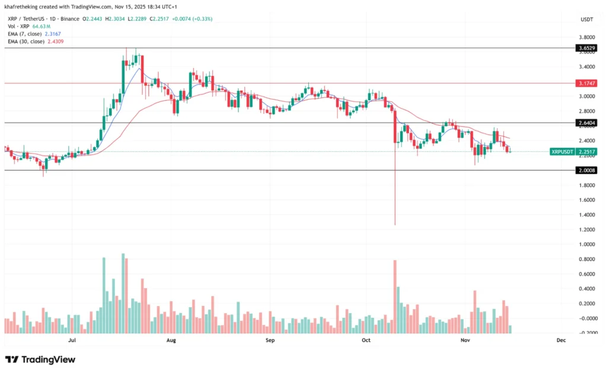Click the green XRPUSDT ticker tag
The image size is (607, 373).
point(561,151)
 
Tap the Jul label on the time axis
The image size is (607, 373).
point(72,340)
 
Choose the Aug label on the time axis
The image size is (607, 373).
point(171,340)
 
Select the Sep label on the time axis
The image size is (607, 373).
point(270,340)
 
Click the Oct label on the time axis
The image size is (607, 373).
point(366,340)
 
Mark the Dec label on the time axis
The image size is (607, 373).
point(561,340)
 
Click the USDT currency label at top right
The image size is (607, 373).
point(587,20)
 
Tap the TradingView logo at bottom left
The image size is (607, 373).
point(40,359)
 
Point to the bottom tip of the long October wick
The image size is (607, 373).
point(395,225)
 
